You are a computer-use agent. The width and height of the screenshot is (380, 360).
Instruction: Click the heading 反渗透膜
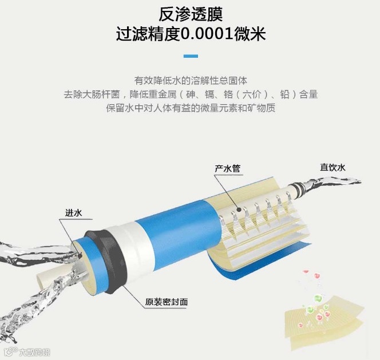(190, 14)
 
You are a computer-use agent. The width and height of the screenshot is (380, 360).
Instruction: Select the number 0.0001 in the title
(207, 34)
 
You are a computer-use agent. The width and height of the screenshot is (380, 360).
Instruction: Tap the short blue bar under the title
(191, 56)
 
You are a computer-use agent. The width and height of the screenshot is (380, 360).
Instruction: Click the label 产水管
(227, 168)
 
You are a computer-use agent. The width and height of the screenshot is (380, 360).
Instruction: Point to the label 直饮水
(332, 167)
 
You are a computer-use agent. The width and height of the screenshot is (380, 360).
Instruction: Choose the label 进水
(73, 213)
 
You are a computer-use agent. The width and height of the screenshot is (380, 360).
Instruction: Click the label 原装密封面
(166, 302)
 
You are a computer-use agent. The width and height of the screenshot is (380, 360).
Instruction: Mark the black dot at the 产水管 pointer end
(239, 209)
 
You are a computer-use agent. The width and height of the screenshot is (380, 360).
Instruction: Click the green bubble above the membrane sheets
(318, 298)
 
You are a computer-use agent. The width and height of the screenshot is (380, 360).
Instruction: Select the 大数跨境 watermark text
(34, 352)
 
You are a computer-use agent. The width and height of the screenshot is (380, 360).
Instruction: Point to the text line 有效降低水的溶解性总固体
(191, 81)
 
